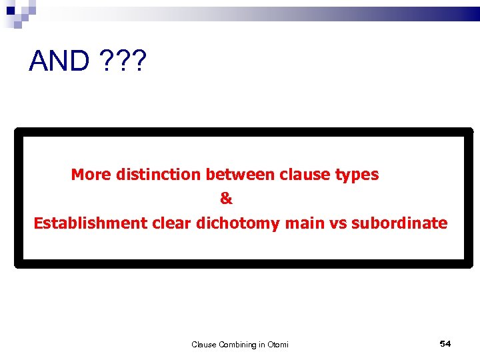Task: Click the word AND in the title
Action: (59, 61)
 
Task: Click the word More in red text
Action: (91, 175)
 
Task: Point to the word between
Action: (240, 175)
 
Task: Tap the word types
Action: (357, 175)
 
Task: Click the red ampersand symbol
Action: (227, 199)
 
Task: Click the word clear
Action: (171, 223)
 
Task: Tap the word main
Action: (305, 223)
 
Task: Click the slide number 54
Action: (445, 343)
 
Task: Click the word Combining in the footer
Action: (232, 345)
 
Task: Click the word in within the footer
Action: (261, 345)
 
